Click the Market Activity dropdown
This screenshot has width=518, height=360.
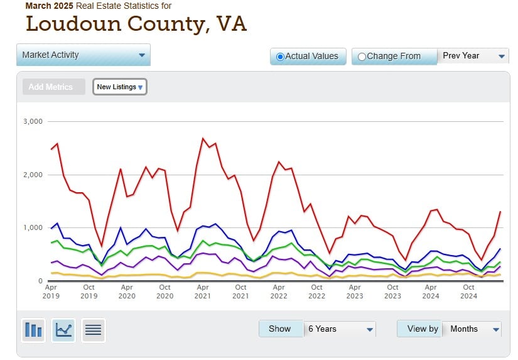84,55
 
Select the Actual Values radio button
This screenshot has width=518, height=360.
281,57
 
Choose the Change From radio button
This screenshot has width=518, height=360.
362,57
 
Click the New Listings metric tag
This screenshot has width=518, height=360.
120,87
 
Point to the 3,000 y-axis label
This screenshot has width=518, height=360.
32,121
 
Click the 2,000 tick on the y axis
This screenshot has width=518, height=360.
32,175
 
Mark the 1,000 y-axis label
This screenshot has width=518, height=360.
32,227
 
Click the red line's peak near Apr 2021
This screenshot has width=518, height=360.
203,138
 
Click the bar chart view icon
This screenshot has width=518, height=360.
33,329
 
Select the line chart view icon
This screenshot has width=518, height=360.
63,329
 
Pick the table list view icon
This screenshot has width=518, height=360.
93,329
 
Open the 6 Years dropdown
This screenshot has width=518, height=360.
339,329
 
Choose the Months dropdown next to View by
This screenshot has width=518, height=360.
472,329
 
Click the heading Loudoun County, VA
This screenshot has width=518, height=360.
136,24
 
